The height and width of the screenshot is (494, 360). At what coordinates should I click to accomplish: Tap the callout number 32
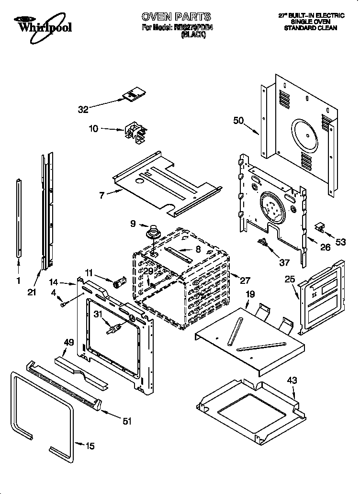(83, 109)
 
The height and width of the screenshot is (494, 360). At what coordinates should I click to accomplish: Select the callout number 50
(238, 121)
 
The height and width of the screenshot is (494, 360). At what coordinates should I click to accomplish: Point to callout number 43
(292, 381)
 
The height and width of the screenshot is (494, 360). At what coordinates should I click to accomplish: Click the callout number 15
(90, 446)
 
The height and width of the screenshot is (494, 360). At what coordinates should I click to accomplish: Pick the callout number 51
(127, 421)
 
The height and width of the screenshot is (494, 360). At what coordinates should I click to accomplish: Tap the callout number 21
(32, 292)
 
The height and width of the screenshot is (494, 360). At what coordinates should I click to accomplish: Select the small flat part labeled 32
(133, 95)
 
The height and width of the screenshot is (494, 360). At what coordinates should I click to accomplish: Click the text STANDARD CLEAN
(311, 28)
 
